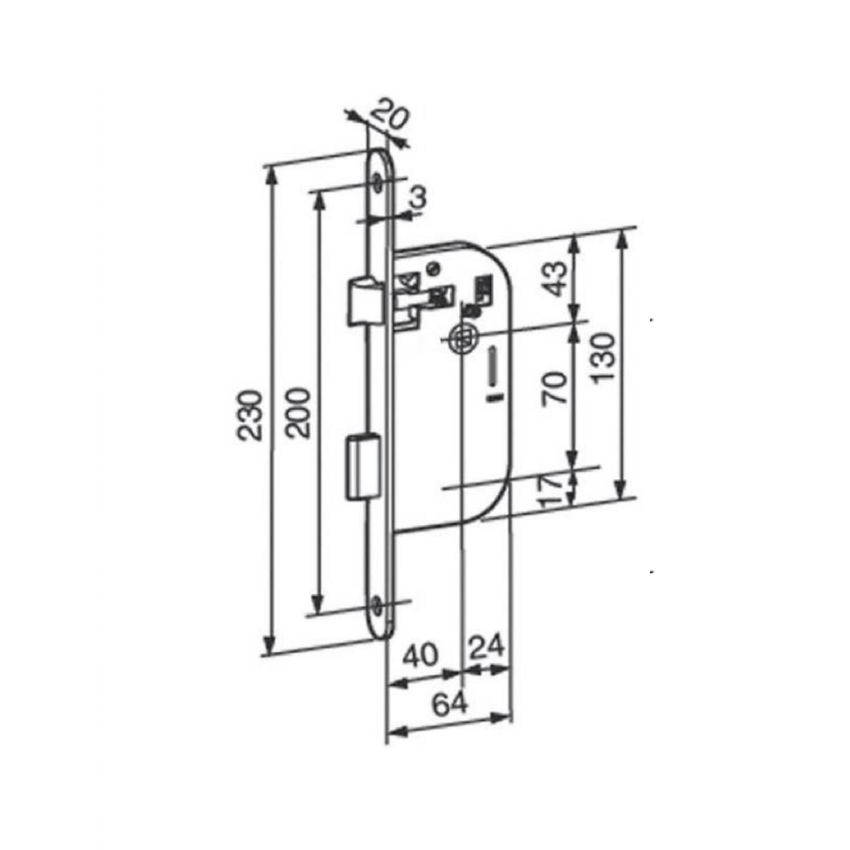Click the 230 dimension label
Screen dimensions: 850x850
click(250, 415)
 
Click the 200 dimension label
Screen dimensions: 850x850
click(299, 413)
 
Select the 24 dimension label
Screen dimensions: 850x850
click(487, 648)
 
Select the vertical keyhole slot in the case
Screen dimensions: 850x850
click(492, 367)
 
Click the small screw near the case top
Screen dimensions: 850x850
click(433, 267)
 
